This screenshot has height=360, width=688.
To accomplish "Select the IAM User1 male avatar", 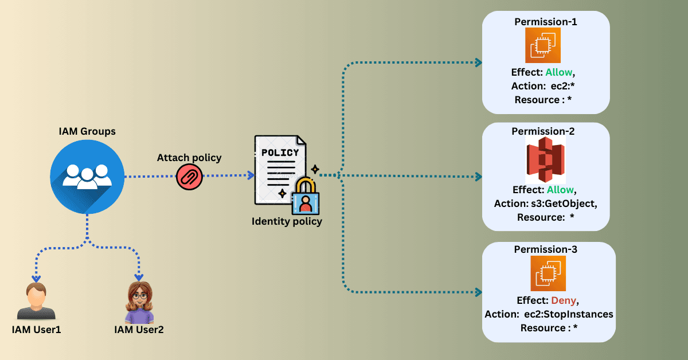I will point(36,301).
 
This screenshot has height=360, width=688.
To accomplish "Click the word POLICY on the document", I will point(280,152).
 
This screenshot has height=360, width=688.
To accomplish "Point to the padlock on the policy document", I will point(306,197).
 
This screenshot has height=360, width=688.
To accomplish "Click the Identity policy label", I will point(287,221).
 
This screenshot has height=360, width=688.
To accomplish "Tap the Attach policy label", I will point(189,157).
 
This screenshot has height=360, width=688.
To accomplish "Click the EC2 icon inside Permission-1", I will point(543,45).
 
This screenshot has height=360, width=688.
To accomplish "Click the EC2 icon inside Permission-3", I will point(548,273).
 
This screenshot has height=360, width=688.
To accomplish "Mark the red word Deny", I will point(563,300).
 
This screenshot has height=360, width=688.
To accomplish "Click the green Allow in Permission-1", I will point(559,73).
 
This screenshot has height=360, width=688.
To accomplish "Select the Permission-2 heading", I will point(544,131).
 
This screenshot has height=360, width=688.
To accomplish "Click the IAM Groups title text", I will point(87,131).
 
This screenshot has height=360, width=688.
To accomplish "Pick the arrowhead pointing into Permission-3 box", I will point(478,292).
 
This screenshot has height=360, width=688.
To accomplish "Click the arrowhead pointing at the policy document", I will point(251,176).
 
